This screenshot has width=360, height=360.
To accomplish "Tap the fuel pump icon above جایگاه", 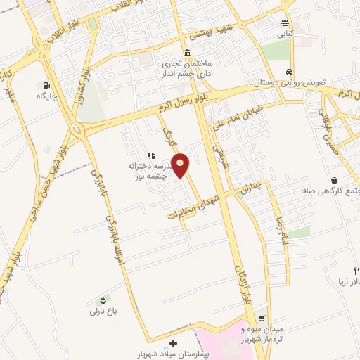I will [x=47, y=84].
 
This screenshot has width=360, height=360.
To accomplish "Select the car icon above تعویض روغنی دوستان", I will [x=289, y=72].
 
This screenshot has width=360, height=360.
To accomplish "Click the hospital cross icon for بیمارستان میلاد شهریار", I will [x=174, y=342].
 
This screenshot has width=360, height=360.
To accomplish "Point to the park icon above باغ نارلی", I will [x=106, y=298].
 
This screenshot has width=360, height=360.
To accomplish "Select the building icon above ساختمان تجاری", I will [x=186, y=54].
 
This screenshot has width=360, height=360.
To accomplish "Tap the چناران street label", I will [x=250, y=188].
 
